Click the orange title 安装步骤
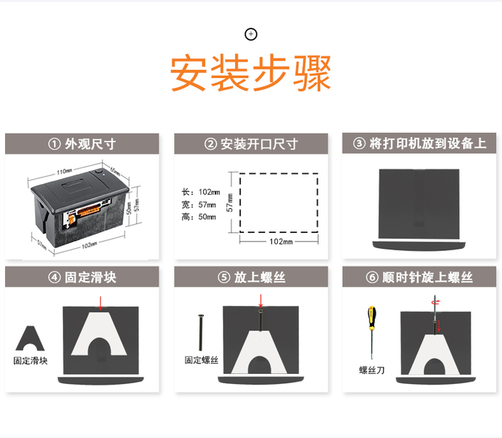251,72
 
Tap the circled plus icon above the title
251,34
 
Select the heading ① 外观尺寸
82,144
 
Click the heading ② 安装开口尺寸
251,144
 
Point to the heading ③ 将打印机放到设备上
419,143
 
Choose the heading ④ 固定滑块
82,277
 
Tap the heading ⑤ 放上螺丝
251,277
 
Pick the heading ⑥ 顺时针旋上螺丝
419,277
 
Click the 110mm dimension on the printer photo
64,172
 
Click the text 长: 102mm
201,192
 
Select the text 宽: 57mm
199,204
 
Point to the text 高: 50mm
199,217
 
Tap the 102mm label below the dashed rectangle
281,242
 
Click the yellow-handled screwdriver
372,333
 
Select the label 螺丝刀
372,371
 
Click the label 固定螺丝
202,360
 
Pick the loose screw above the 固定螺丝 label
201,332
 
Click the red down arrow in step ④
101,303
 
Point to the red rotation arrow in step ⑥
436,301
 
